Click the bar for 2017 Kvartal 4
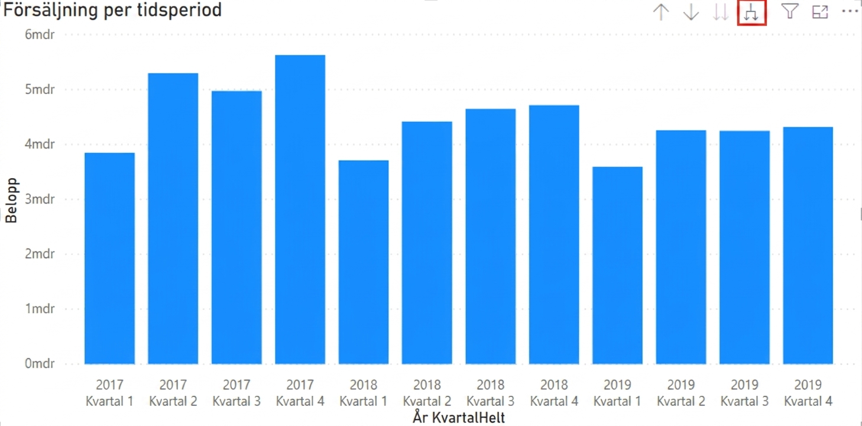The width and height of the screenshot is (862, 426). point(300,209)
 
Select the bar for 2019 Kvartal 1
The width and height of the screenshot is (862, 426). point(618,266)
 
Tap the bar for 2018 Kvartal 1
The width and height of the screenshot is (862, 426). point(364,262)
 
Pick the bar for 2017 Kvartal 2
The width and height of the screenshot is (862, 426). point(173,218)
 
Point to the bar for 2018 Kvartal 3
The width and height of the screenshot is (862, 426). point(491,237)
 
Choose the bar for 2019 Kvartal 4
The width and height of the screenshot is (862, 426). point(808,246)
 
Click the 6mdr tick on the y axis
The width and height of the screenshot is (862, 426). point(40,35)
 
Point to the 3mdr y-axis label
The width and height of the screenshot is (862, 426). point(40,199)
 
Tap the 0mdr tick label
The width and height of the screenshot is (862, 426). point(40,363)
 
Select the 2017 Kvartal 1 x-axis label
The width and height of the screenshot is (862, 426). point(110,393)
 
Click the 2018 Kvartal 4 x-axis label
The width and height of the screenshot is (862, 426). point(554,393)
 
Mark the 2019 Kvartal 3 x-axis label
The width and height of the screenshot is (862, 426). point(744,393)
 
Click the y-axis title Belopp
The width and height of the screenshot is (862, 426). point(12,201)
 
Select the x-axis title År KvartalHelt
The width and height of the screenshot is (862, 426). point(459,418)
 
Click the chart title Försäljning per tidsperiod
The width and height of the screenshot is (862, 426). point(112,10)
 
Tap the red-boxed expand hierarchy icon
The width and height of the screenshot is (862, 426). point(751,12)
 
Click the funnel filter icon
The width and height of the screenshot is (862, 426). point(790,12)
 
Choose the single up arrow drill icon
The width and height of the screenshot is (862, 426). point(661,12)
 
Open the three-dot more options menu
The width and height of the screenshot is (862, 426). point(850,11)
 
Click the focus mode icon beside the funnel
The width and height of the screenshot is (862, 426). point(820,12)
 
